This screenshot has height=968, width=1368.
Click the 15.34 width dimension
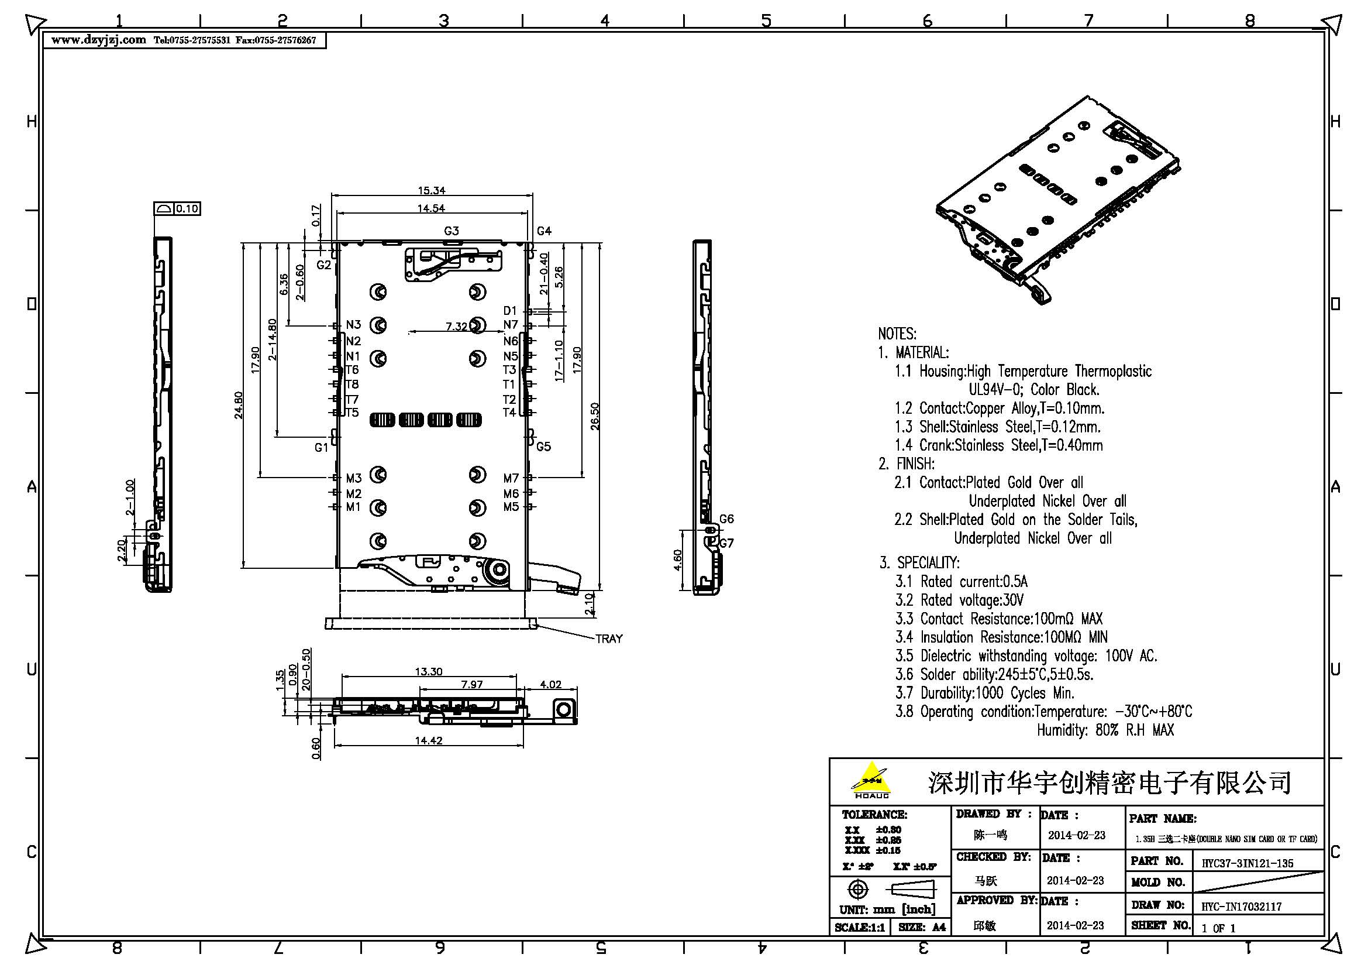click(432, 191)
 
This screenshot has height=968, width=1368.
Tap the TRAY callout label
click(609, 639)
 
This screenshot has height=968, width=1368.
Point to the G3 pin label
click(452, 231)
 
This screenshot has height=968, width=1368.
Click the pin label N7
click(511, 325)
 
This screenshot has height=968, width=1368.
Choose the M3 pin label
click(354, 478)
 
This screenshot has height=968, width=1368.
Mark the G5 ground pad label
click(543, 447)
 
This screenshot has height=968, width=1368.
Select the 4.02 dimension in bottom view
click(550, 684)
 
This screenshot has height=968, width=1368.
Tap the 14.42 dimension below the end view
click(428, 740)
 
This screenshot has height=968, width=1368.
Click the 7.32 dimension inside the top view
click(456, 327)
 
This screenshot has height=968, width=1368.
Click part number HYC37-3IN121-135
click(1247, 863)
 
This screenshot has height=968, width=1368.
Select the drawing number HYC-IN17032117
click(1241, 906)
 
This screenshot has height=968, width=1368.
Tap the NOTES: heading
click(897, 334)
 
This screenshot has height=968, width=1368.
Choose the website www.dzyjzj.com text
click(98, 40)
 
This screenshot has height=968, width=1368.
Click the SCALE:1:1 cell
click(859, 928)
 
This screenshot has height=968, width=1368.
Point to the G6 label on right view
click(726, 519)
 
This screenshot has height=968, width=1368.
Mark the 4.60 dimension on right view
click(678, 559)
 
